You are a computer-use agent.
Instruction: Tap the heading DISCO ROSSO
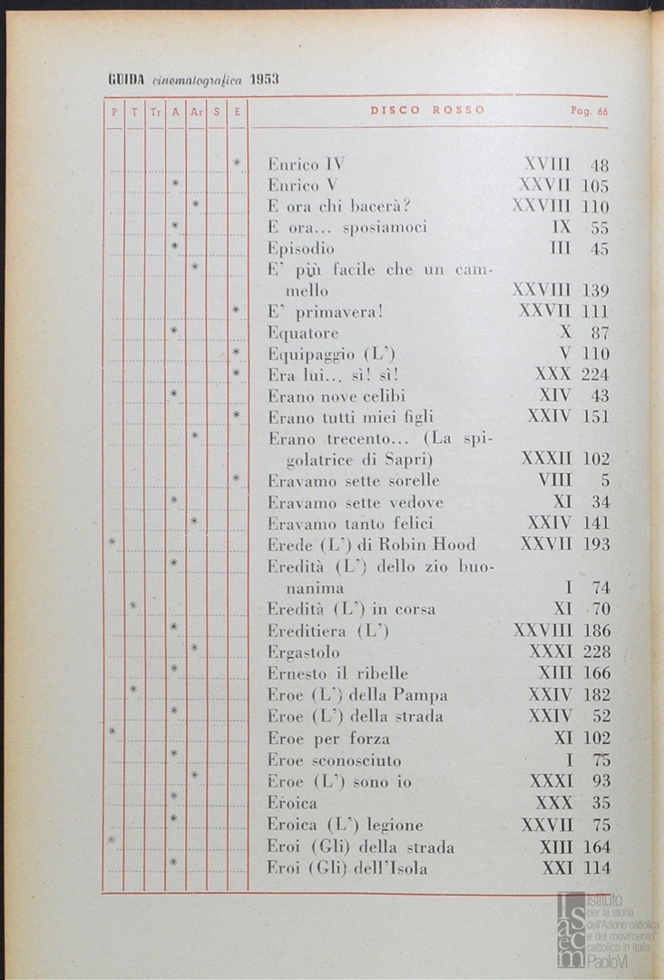427,111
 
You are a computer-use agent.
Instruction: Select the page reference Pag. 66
589,112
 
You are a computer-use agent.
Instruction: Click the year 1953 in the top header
265,80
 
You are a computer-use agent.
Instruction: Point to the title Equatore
303,332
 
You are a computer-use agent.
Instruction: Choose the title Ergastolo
304,652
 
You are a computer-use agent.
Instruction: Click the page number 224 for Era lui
595,375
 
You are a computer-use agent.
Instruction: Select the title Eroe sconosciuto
334,759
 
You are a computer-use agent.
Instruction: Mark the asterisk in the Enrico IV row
236,163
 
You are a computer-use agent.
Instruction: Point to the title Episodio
301,249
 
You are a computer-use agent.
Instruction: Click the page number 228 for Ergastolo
595,652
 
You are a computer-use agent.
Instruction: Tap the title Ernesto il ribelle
337,673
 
